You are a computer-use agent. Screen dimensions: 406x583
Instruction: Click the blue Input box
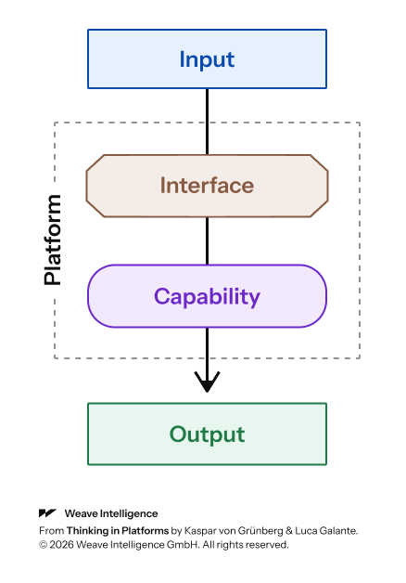click(x=207, y=59)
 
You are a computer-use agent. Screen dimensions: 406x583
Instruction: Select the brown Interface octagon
click(x=207, y=186)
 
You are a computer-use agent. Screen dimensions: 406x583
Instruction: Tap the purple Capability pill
click(x=207, y=296)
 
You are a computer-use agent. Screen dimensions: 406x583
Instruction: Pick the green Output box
click(x=207, y=434)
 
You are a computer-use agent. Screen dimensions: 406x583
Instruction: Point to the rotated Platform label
click(x=52, y=240)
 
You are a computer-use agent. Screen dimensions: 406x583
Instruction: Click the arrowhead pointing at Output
click(x=207, y=382)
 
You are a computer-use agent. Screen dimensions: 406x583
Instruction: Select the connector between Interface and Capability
click(x=207, y=241)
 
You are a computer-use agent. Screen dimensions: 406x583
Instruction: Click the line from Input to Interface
click(x=207, y=122)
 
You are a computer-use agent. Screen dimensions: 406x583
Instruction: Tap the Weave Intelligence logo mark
click(x=47, y=513)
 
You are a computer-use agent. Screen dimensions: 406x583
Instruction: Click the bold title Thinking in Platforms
click(x=118, y=531)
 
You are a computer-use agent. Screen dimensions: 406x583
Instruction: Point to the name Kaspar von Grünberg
click(x=234, y=531)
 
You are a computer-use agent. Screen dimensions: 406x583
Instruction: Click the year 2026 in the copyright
click(x=61, y=545)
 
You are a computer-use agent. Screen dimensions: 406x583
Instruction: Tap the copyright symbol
click(x=43, y=545)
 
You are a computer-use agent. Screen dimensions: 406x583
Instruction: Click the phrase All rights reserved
click(x=246, y=545)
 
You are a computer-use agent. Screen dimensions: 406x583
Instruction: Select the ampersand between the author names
click(x=289, y=531)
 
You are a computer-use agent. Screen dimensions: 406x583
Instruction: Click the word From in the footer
click(x=52, y=531)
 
